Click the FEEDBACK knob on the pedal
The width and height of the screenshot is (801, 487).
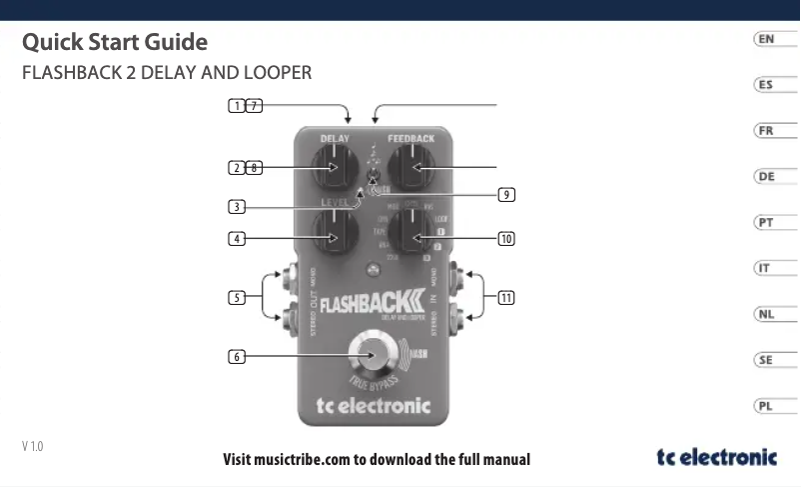point(409,167)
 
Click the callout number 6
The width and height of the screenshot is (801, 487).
point(237,355)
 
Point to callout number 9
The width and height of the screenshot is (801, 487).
point(507,194)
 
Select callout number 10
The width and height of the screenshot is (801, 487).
point(507,239)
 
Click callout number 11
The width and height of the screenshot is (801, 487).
point(507,297)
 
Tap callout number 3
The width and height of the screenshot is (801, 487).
point(237,207)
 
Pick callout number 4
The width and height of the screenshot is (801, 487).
point(237,239)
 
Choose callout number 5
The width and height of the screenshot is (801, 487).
point(237,297)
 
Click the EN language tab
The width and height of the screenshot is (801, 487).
point(765,39)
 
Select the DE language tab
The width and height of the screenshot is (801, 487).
point(765,177)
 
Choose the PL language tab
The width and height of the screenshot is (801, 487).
point(765,406)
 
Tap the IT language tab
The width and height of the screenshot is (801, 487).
point(765,268)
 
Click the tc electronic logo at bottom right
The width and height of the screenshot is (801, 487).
point(716,457)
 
